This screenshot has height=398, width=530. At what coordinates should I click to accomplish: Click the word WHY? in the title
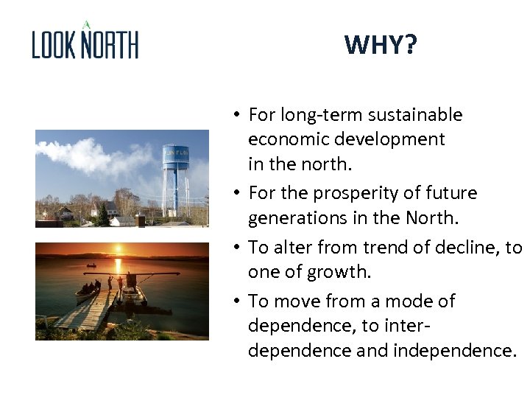[380, 46]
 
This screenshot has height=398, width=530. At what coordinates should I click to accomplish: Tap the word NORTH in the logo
[110, 45]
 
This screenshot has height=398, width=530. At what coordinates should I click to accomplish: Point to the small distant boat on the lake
[91, 265]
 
